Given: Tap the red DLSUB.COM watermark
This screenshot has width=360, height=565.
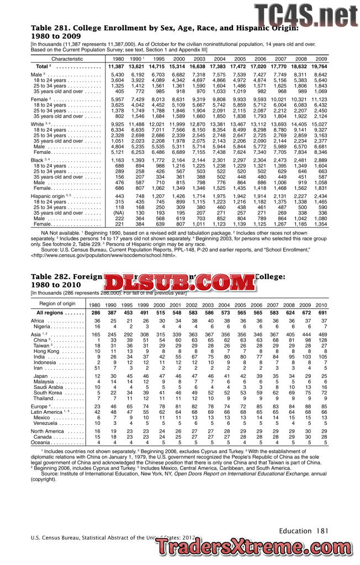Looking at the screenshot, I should (182, 283).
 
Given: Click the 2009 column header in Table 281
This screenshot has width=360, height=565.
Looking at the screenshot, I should (321, 58).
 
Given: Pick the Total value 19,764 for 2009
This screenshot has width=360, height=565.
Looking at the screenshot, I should (320, 66).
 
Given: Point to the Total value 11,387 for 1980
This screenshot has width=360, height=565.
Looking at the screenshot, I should (117, 66).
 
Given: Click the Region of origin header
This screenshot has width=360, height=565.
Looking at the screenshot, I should (57, 304).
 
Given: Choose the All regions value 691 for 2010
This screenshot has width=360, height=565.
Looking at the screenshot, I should (321, 313).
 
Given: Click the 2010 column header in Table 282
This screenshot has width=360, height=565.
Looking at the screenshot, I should (321, 305).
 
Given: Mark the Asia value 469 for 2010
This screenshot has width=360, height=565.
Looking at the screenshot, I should (321, 334).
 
